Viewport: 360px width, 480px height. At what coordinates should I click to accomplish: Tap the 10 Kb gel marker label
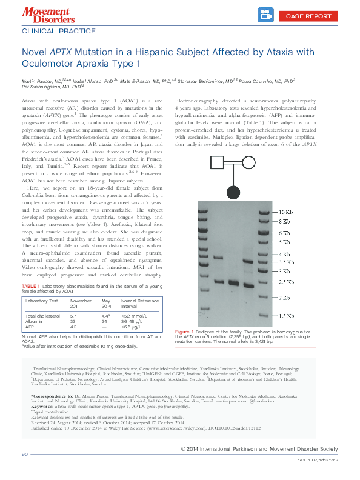(x=286, y=212)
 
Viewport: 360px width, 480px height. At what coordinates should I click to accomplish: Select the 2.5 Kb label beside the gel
(x=286, y=282)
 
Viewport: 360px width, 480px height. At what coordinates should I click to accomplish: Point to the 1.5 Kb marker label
(x=286, y=316)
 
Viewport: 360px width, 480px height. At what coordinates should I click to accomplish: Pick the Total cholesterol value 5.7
(x=73, y=316)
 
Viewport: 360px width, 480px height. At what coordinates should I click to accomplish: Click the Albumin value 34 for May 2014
(x=104, y=322)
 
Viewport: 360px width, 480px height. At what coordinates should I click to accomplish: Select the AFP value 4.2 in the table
(x=73, y=327)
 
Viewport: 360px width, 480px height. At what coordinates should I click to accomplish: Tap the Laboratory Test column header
(x=41, y=301)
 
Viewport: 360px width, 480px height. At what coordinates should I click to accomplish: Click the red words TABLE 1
(x=31, y=286)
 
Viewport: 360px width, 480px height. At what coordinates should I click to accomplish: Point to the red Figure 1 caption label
(x=184, y=332)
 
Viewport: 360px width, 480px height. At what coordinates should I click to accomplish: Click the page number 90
(x=25, y=455)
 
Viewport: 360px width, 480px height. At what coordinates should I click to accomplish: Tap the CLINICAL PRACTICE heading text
(x=58, y=30)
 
